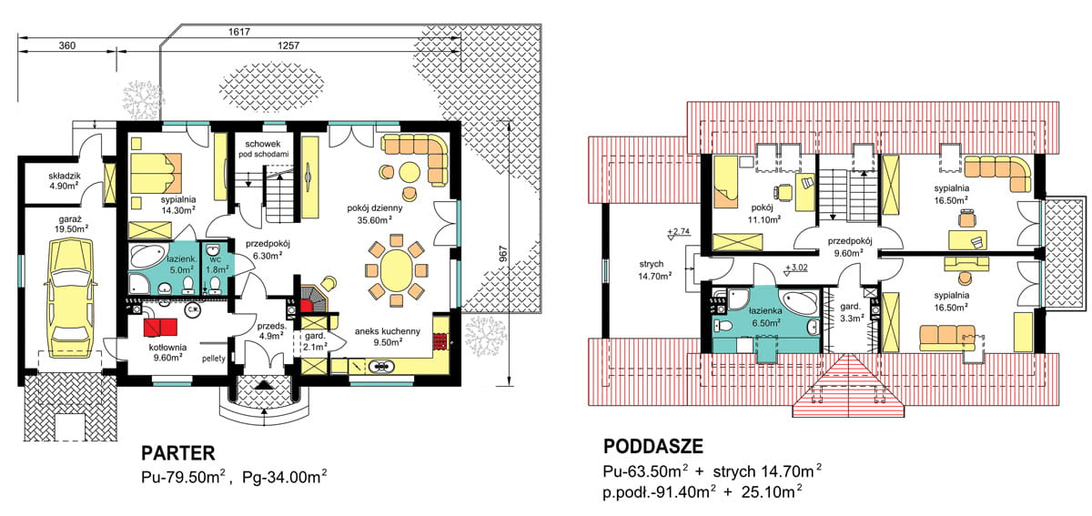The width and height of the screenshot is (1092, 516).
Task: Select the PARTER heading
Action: click(178, 453)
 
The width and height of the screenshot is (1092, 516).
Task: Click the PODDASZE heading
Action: click(653, 446)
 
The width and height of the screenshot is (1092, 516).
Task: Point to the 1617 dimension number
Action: click(238, 32)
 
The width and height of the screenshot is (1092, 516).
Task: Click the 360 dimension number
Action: click(66, 46)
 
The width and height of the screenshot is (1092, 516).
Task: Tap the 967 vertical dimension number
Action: click(503, 253)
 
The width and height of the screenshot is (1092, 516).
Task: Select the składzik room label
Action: click(65, 176)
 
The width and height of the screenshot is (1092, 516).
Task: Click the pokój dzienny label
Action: click(375, 208)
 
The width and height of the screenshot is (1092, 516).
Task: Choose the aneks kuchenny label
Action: click(388, 331)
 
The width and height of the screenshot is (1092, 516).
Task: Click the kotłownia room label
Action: click(167, 348)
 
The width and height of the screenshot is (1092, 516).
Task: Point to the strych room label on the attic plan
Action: click(652, 264)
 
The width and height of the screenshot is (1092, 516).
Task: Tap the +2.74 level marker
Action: click(679, 231)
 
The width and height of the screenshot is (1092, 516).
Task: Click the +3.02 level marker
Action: click(796, 268)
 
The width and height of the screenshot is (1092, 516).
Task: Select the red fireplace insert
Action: click(307, 306)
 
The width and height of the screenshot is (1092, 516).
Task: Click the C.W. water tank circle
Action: click(192, 309)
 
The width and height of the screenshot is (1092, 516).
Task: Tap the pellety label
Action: click(214, 359)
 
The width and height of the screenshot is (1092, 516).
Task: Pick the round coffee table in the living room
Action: click(409, 172)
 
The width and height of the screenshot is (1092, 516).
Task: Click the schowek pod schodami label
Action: click(263, 148)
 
